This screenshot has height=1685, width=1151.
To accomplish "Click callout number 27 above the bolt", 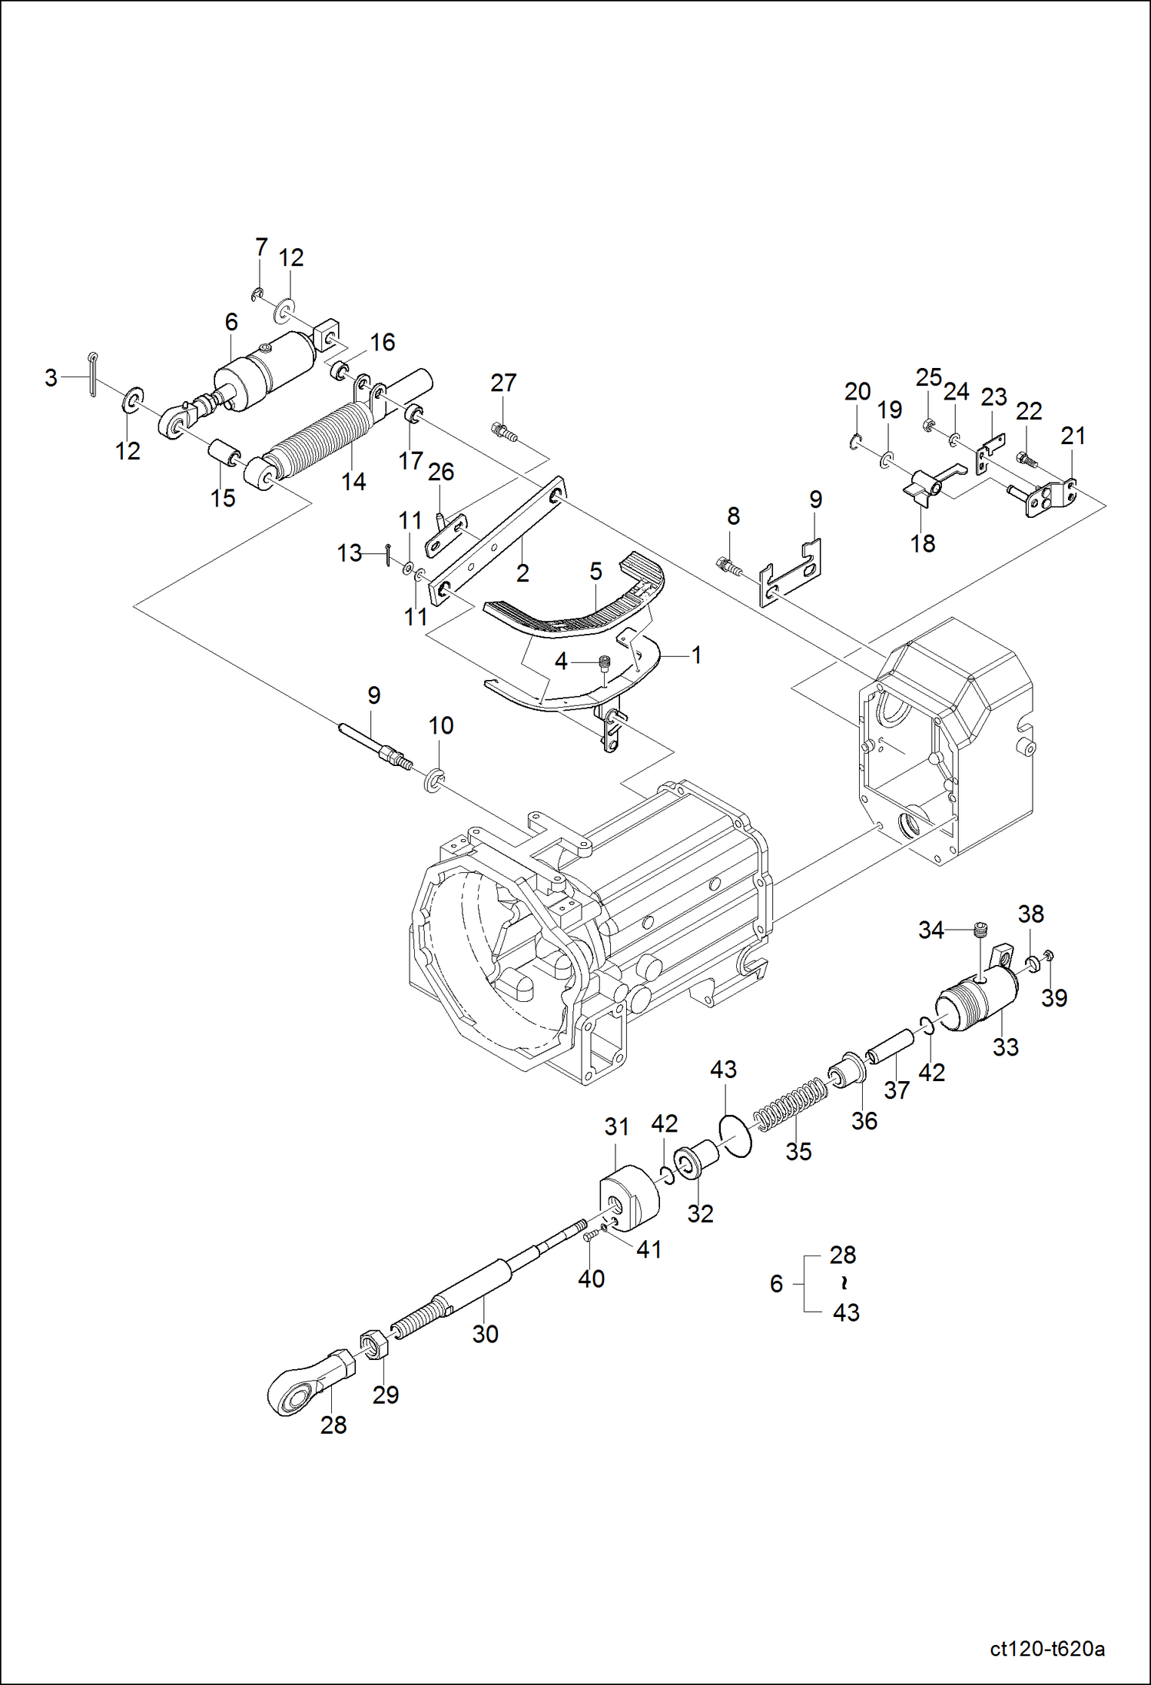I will [503, 383].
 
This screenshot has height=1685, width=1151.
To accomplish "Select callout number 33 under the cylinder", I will [1005, 1046].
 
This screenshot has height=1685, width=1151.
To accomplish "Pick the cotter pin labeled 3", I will [93, 374].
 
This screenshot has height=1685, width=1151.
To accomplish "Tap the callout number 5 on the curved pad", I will [595, 571].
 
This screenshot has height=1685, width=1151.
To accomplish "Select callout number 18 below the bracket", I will [922, 543].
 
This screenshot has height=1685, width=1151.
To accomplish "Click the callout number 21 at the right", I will [1073, 436].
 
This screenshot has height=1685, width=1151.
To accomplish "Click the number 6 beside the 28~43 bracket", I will [776, 1283].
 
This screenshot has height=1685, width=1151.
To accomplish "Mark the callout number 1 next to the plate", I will [696, 655].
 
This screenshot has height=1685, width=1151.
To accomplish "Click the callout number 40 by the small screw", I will [591, 1279].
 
